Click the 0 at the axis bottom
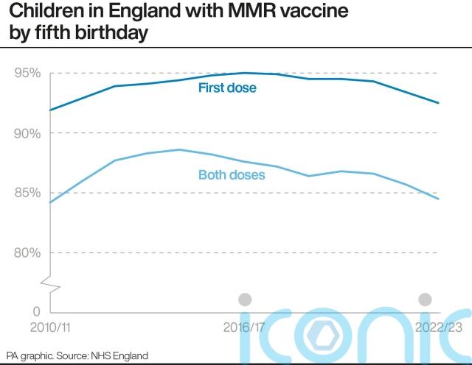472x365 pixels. click(36, 312)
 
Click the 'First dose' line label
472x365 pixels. click(227, 88)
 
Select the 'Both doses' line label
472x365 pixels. click(232, 175)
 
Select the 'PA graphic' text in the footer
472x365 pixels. click(27, 355)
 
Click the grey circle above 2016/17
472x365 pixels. click(246, 300)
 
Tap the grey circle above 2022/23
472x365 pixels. click(425, 300)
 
